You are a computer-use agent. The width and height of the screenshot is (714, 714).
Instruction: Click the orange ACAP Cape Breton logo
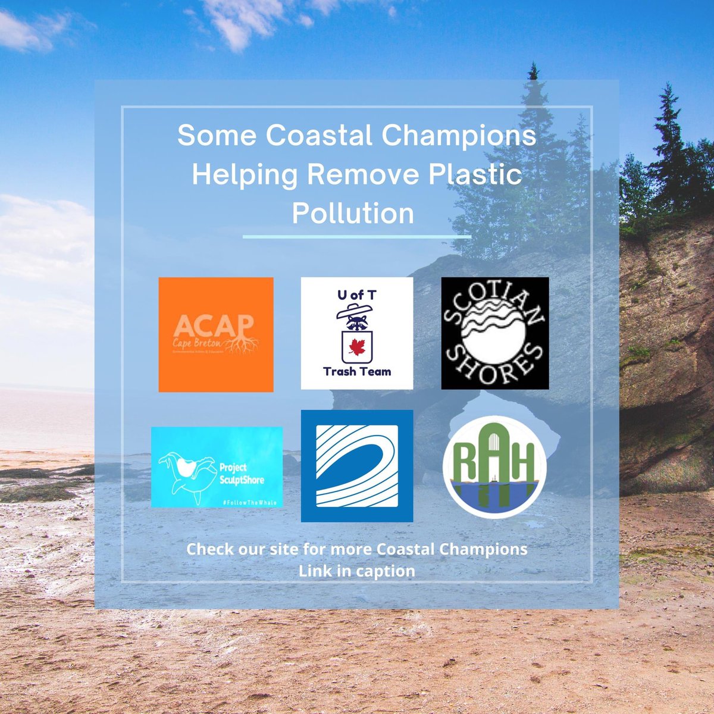click(x=216, y=334)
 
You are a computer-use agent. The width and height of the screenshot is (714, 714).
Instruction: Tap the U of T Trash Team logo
click(x=357, y=333)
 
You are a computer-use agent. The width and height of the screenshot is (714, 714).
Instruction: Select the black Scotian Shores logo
click(x=495, y=333)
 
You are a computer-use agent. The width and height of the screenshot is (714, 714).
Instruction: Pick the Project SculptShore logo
click(x=217, y=467)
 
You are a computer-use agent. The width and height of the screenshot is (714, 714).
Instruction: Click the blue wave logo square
click(x=357, y=466)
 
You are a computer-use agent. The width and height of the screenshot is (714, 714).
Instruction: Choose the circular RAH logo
click(x=494, y=467)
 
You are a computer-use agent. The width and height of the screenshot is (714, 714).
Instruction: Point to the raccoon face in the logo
click(x=357, y=324)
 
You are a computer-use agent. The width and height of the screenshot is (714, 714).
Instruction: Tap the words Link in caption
click(x=357, y=571)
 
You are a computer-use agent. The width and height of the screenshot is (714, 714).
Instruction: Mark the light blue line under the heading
click(x=357, y=236)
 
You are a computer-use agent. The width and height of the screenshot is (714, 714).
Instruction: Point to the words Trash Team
click(x=357, y=372)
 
